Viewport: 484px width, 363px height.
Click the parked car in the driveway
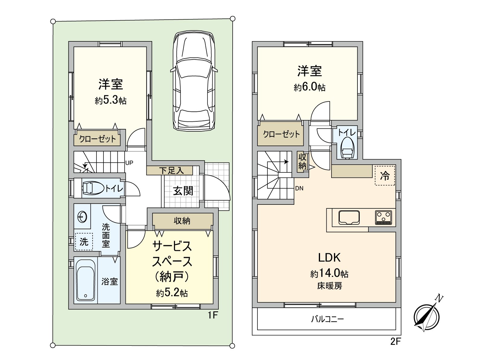point(194,81)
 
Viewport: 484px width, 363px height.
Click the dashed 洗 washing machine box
point(84,241)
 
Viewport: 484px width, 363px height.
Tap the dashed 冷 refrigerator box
point(385,175)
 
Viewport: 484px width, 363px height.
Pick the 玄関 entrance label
point(183,191)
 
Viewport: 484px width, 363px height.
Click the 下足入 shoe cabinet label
point(171,171)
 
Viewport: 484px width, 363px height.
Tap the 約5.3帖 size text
point(111,100)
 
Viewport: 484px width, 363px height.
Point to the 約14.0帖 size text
point(329,273)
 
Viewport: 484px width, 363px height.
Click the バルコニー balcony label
point(327,319)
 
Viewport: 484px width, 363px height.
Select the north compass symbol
point(427,315)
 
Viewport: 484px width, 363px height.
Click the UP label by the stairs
point(129,163)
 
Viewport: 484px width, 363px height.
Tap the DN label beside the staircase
point(299,188)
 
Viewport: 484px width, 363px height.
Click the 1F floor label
point(213,315)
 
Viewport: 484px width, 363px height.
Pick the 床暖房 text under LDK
point(329,286)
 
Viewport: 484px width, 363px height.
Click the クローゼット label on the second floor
point(281,134)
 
